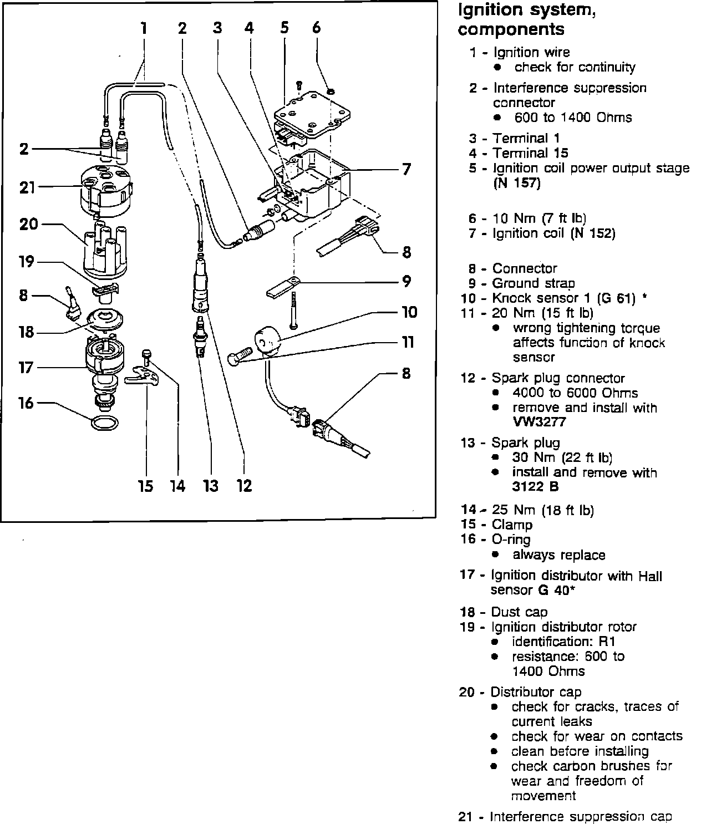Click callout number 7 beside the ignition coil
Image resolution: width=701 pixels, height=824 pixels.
407,169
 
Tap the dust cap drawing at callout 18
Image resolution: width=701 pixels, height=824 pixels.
105,320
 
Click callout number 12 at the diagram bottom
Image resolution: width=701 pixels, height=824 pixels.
244,486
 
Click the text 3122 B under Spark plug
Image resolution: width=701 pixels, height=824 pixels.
535,487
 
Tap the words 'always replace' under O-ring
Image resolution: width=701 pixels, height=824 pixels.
558,555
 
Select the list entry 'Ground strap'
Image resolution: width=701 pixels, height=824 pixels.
534,283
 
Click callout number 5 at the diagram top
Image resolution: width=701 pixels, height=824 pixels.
284,27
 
